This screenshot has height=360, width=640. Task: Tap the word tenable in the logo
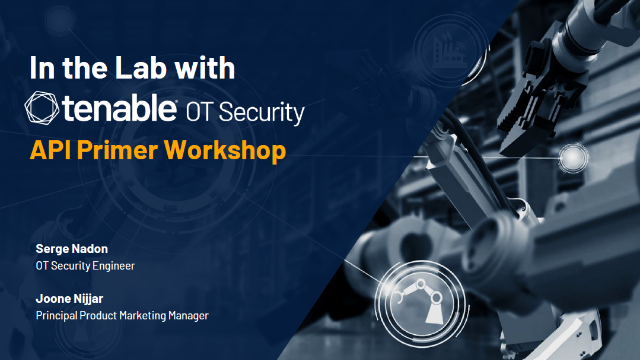[127, 108]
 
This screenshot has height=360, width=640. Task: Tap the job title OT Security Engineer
[78, 265]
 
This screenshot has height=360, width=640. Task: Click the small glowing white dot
[573, 157]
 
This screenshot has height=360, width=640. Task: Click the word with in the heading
[209, 68]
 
